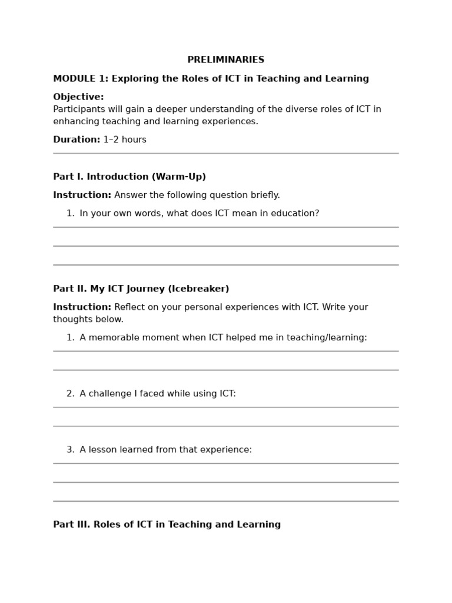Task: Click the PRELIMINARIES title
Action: pos(225,60)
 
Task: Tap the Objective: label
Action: pos(78,97)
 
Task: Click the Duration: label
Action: pos(77,140)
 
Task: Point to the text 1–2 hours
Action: pos(125,140)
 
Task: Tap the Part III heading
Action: pos(167,525)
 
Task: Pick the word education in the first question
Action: pos(294,214)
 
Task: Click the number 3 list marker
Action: pos(70,450)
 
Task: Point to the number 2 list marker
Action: pos(70,394)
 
